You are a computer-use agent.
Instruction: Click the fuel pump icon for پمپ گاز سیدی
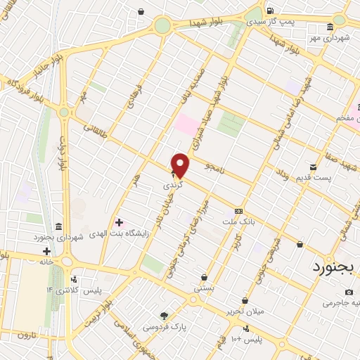click(x=270, y=11)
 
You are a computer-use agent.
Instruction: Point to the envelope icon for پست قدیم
click(x=313, y=167)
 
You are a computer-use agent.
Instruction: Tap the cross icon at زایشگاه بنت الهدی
click(x=119, y=223)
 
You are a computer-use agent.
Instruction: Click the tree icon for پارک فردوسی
click(x=164, y=316)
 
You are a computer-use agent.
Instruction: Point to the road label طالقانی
click(x=95, y=128)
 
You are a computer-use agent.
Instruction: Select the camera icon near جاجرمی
click(x=351, y=292)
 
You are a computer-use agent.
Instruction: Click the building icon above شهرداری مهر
click(x=330, y=27)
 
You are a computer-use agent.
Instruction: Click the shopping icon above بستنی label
click(x=204, y=277)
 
